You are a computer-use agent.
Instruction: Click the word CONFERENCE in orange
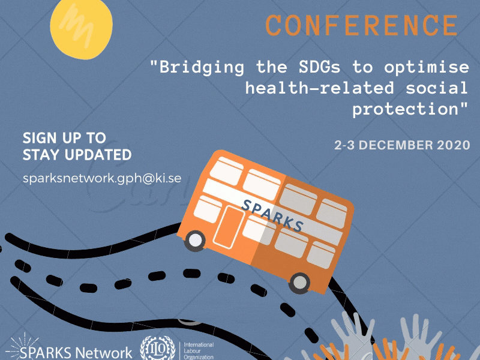362,25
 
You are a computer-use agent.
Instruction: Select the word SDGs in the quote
320,67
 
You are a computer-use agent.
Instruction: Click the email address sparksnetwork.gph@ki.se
102,178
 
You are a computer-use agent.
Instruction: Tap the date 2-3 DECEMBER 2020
402,145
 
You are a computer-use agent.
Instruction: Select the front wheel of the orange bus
195,241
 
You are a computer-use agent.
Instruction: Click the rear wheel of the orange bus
299,283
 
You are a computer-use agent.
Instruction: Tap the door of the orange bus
229,227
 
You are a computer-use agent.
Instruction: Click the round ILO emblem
157,349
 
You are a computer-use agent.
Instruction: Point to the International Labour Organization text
199,351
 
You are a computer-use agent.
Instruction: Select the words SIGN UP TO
64,138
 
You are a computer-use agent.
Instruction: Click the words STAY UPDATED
77,155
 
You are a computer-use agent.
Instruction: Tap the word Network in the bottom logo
103,353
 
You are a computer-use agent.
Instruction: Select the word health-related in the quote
320,88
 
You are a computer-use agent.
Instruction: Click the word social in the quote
437,88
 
